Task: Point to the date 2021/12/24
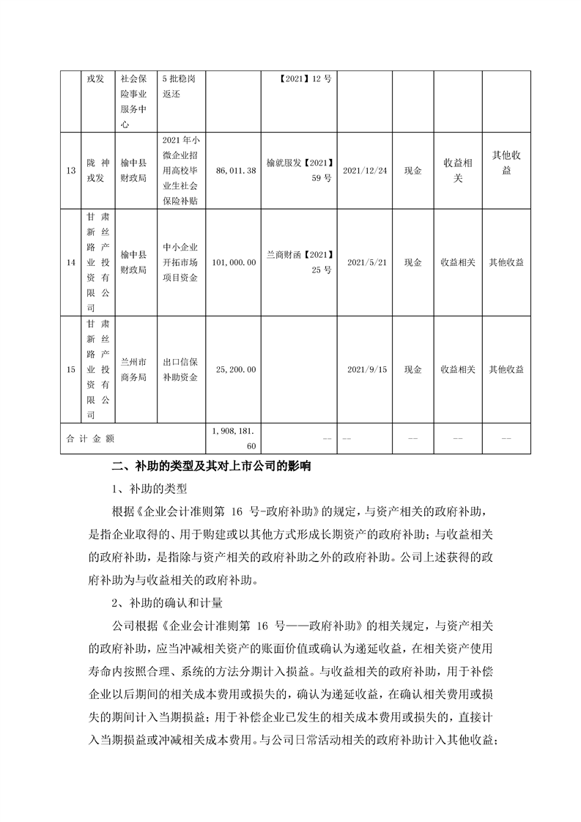tap(364, 171)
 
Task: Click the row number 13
tap(70, 171)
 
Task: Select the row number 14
tap(70, 262)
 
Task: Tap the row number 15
tap(70, 370)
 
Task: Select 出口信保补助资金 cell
tap(180, 370)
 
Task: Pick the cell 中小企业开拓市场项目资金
tap(180, 262)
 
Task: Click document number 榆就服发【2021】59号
tap(300, 171)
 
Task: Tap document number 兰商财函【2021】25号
tap(300, 262)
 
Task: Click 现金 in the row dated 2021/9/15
tap(412, 370)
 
